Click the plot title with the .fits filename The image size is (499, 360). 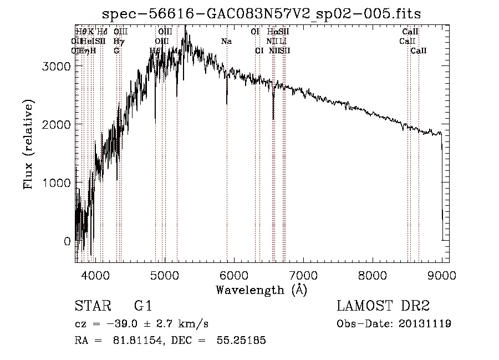pos(266,14)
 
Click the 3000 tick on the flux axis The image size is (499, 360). pos(57,66)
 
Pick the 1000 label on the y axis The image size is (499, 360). pos(57,183)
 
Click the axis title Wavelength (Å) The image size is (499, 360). pos(261,290)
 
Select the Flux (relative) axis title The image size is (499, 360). pos(28,144)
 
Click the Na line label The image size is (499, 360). pos(226,42)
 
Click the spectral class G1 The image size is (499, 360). pos(143,306)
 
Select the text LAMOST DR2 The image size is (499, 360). pos(383,306)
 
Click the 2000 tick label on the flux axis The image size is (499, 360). pos(57,124)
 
